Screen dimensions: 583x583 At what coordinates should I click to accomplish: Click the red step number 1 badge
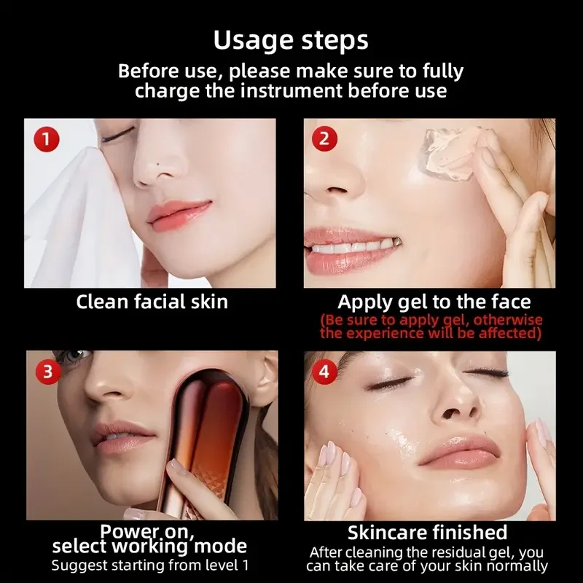tap(47, 139)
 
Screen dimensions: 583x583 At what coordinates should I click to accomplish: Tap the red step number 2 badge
tap(324, 139)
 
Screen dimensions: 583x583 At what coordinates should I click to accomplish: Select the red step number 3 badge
tap(48, 372)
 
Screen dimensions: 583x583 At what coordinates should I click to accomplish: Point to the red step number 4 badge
tap(324, 372)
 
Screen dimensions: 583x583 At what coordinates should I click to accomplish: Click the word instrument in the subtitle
tap(291, 90)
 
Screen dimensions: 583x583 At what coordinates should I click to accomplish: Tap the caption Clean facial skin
tap(152, 302)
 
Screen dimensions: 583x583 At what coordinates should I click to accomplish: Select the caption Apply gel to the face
tap(434, 302)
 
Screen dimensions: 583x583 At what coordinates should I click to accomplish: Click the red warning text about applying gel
tap(431, 326)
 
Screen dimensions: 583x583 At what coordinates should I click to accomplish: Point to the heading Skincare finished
tap(428, 533)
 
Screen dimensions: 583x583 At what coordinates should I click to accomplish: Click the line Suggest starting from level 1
tap(150, 566)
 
